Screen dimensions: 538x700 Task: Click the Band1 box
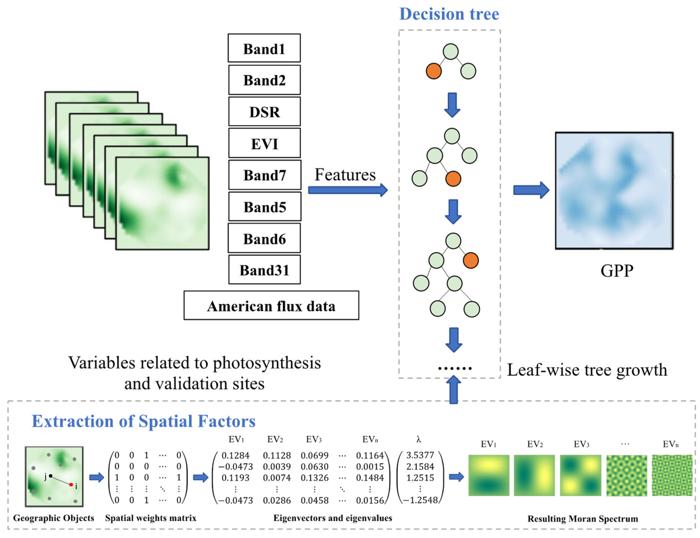click(264, 48)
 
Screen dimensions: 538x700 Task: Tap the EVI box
click(264, 143)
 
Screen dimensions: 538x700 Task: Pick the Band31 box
click(264, 270)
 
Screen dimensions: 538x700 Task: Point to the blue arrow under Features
click(347, 190)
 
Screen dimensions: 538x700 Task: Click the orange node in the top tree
click(433, 71)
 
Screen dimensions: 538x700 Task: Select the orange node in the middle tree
click(453, 179)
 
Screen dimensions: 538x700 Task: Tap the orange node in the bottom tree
click(471, 260)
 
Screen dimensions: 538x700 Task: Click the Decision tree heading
click(449, 14)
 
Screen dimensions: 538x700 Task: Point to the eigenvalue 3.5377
click(420, 455)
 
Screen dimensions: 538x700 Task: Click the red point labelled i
click(71, 485)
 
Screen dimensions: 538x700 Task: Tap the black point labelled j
click(50, 476)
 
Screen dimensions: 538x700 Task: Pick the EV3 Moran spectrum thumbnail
click(580, 475)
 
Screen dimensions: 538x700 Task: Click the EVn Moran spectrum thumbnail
click(672, 475)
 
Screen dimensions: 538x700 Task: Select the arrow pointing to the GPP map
click(531, 190)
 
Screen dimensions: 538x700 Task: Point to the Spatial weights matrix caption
click(151, 518)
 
